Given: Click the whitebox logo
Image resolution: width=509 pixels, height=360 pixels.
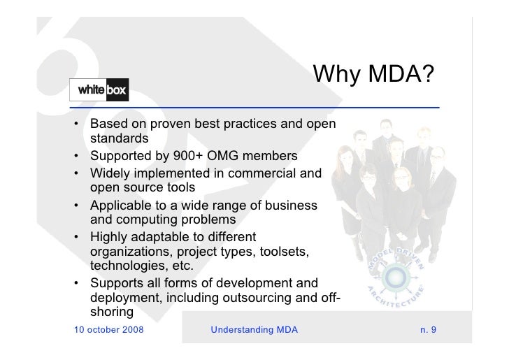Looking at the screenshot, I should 99,89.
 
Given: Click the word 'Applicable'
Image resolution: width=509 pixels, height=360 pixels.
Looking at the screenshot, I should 124,206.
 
